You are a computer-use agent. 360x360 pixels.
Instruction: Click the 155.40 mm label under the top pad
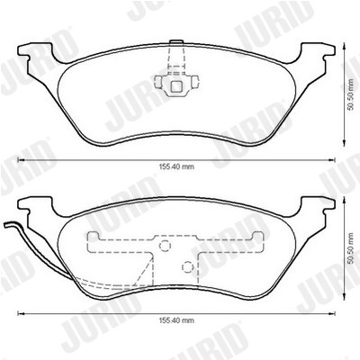[x=176, y=166]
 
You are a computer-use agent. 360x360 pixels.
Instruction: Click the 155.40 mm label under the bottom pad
[x=176, y=320]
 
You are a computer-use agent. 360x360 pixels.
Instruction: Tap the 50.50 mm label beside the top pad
[x=350, y=94]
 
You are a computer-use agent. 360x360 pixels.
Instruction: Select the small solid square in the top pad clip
[x=176, y=86]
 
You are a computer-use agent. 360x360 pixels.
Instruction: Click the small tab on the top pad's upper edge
[x=176, y=42]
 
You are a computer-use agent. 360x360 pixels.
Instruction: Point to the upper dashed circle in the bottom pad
[x=165, y=246]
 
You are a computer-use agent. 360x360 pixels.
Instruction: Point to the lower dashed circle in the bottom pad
[x=187, y=266]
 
